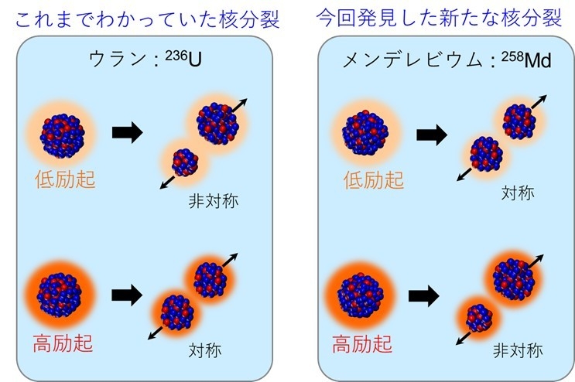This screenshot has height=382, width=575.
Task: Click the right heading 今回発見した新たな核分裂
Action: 438,17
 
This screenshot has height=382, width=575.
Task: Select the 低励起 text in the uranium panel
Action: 65,179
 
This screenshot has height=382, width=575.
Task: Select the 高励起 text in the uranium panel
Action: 65,343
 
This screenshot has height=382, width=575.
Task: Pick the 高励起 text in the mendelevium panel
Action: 361,343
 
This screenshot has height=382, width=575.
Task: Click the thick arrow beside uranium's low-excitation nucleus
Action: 127,132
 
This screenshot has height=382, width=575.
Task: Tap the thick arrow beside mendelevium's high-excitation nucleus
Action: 424,295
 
